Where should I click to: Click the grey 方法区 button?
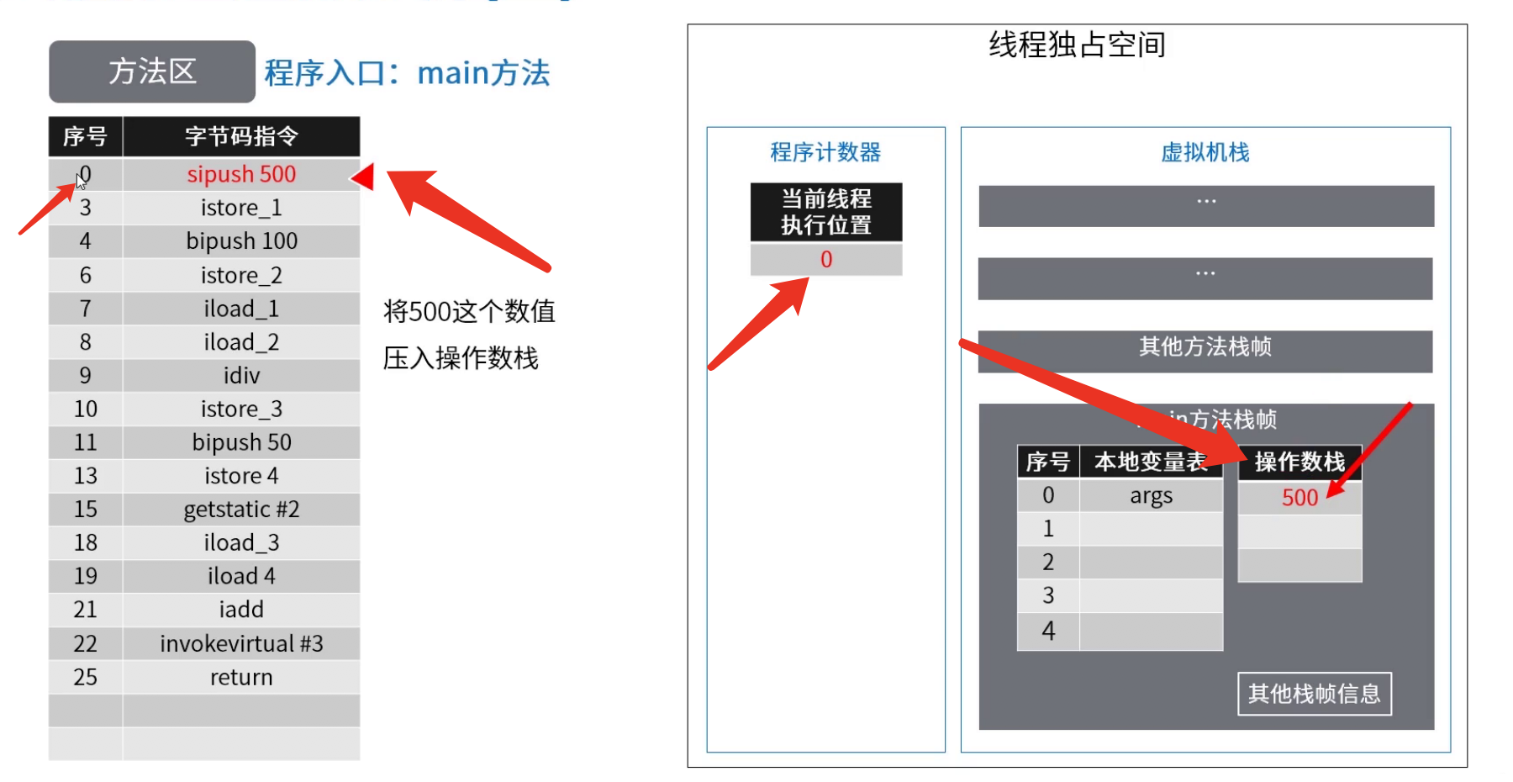pos(151,71)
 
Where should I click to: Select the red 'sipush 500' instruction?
pos(241,174)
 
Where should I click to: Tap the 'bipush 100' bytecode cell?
pos(241,241)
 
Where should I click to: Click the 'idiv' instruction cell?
pos(241,375)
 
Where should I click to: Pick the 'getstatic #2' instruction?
pos(241,510)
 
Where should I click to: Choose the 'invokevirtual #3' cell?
pos(241,643)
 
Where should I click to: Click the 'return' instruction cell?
pos(241,677)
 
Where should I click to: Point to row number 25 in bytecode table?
pos(86,677)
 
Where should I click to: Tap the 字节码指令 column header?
pos(241,136)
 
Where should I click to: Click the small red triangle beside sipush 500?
pos(364,177)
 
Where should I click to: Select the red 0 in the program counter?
pos(826,259)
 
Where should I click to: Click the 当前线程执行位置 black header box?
pos(826,212)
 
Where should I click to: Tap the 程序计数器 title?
pos(825,152)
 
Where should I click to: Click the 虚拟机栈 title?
pos(1205,152)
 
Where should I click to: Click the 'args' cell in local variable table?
pos(1151,495)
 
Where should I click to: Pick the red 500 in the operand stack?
pos(1299,498)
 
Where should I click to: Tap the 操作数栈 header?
pos(1299,462)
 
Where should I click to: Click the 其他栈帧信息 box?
pos(1315,694)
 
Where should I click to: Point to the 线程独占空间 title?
pos(1077,45)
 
